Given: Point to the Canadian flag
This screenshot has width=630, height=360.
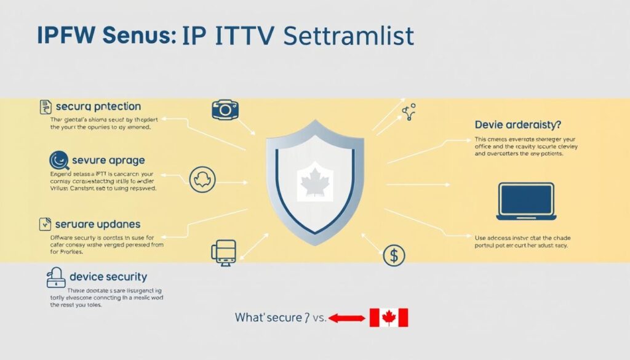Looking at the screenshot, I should tap(388, 318).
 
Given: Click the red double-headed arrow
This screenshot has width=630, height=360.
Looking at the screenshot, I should tap(346, 318).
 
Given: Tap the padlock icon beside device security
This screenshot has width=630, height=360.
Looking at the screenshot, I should tap(56, 278).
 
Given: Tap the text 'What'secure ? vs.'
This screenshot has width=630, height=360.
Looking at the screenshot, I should tap(280, 318).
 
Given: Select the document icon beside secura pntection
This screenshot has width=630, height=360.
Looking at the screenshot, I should tap(44, 106).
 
